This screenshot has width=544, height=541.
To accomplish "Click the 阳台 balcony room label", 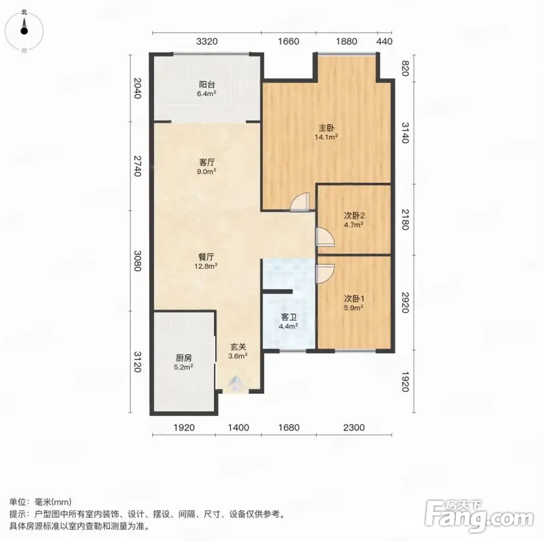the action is tap(207, 84).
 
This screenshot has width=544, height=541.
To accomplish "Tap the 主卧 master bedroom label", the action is tap(326, 128).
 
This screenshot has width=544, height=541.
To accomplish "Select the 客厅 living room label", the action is tap(207, 162).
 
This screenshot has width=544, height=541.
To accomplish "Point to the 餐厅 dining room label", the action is tap(206, 257).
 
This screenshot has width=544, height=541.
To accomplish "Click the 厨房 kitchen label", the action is tap(183, 358).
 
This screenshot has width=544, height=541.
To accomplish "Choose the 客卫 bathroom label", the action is tap(289, 317).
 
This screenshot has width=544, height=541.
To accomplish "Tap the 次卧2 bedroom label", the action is tap(354, 215).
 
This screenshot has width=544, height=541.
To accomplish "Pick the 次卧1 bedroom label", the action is tap(354, 298).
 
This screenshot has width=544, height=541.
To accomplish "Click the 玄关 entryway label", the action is tap(239, 347).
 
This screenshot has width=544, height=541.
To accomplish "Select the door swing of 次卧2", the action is tap(325, 237).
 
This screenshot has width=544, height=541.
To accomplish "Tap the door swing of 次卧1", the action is tap(325, 274).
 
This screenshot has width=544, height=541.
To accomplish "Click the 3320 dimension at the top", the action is tap(207, 41).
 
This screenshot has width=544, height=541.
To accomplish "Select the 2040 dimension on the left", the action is tap(138, 88).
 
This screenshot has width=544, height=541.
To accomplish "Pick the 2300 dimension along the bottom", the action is tap(354, 427).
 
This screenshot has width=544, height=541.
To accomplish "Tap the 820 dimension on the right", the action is tap(405, 69).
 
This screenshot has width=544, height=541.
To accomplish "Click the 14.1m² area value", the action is tap(326, 137).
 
